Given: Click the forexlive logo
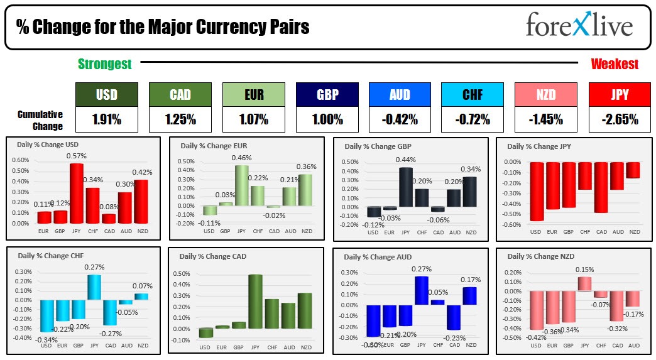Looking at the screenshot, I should point(579,26).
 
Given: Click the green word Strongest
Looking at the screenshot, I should point(104,64).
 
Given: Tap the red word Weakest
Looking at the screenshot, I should point(614,64).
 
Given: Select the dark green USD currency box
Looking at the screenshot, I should point(106,95).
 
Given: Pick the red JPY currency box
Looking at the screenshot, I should point(620,95).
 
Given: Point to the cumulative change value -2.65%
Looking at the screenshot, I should point(620,119).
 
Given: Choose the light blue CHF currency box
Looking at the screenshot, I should point(473,95).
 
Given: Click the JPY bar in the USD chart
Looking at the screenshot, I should point(77,193).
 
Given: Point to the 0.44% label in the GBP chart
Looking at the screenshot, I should point(405,160).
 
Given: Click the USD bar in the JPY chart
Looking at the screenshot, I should point(536,191).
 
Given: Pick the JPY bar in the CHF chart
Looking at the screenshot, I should point(94,286).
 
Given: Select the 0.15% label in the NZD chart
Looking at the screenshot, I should point(584,270).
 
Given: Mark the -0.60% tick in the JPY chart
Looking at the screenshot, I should point(513,224).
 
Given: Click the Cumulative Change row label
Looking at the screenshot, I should point(40,120).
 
